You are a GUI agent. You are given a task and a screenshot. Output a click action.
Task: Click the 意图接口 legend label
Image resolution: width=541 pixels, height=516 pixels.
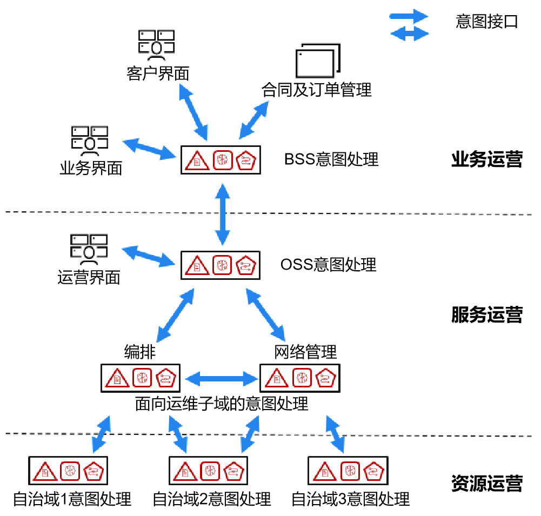[x=486, y=22]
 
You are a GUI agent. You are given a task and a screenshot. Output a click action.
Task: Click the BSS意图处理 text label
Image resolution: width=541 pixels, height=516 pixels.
[x=331, y=159]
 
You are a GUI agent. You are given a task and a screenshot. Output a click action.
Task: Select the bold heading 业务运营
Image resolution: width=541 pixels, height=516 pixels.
[x=486, y=160]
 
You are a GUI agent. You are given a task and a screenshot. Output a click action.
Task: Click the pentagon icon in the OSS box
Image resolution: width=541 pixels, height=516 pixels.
[x=247, y=265]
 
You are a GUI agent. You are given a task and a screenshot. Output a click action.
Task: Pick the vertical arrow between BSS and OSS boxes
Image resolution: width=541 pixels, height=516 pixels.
[x=222, y=214]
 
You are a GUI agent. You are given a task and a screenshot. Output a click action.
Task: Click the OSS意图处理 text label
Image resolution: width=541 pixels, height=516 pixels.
[x=329, y=265]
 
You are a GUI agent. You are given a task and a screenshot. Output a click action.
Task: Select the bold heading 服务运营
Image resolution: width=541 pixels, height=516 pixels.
[x=486, y=314]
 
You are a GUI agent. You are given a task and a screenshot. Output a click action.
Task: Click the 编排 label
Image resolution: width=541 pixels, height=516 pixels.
[x=140, y=352]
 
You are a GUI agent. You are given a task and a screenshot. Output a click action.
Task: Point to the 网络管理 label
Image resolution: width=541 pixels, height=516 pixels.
[x=305, y=352]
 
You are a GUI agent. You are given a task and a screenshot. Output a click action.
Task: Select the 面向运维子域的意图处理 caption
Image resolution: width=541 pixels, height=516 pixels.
[x=222, y=404]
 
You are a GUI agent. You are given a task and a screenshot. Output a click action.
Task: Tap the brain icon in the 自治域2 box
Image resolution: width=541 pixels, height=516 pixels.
[x=210, y=471]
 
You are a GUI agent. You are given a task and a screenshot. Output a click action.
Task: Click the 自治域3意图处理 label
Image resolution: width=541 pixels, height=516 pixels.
[x=350, y=499]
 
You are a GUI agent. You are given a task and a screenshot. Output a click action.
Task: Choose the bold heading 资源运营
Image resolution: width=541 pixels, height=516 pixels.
[x=486, y=483]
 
